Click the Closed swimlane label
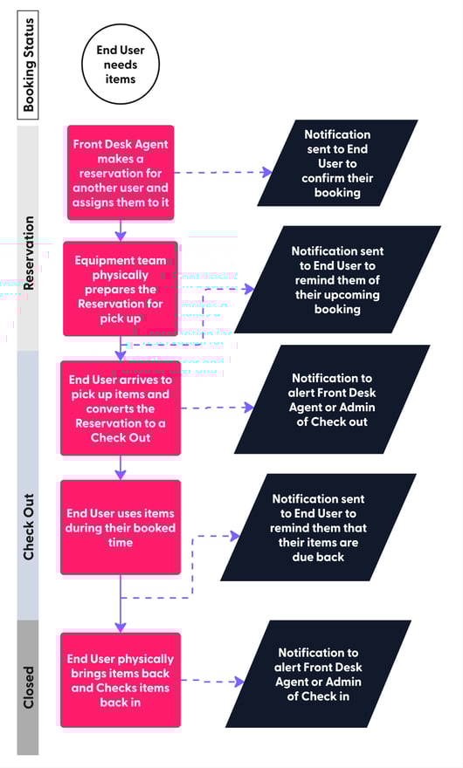pyautogui.click(x=29, y=687)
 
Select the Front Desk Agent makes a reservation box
pyautogui.click(x=121, y=171)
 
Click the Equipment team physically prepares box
pyautogui.click(x=121, y=288)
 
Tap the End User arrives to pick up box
pyautogui.click(x=121, y=408)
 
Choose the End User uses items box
pyautogui.click(x=121, y=527)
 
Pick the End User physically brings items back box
pyautogui.click(x=121, y=680)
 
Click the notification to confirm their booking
pyautogui.click(x=337, y=163)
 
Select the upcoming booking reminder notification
pyautogui.click(x=337, y=279)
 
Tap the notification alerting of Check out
pyautogui.click(x=332, y=400)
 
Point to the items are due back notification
pyautogui.click(x=318, y=527)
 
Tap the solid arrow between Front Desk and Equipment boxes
pyautogui.click(x=121, y=229)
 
